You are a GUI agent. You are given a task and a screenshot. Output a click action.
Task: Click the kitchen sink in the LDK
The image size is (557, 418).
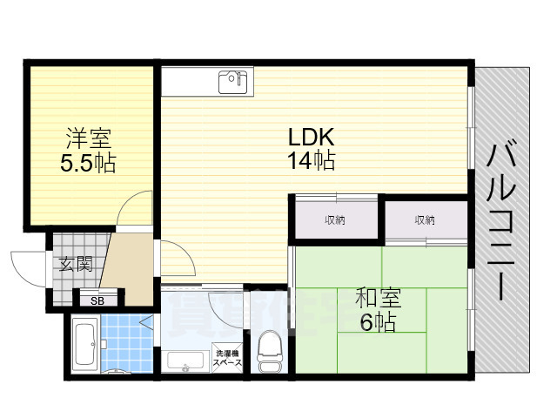coord(232,83)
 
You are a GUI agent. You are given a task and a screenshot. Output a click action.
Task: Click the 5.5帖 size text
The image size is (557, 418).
coord(88,163)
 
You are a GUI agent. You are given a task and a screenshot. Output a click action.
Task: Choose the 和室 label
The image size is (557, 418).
coord(378,299)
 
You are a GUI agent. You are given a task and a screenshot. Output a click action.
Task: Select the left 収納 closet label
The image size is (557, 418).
coord(335,220)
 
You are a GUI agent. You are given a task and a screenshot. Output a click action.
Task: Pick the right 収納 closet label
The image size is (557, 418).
coord(425,220)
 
